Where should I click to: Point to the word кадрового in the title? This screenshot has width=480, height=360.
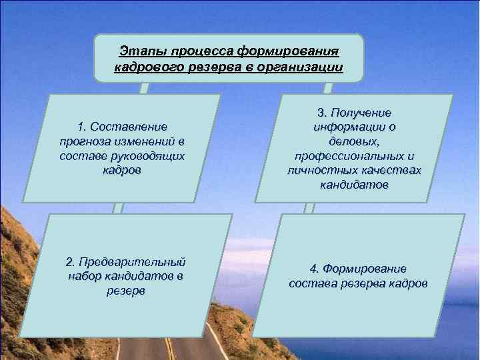(142, 68)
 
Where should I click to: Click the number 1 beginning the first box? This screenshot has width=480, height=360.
(81, 127)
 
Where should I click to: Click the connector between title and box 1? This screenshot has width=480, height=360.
(144, 88)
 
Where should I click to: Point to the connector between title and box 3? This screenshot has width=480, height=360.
(327, 88)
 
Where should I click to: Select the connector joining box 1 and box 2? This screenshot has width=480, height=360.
(117, 208)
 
